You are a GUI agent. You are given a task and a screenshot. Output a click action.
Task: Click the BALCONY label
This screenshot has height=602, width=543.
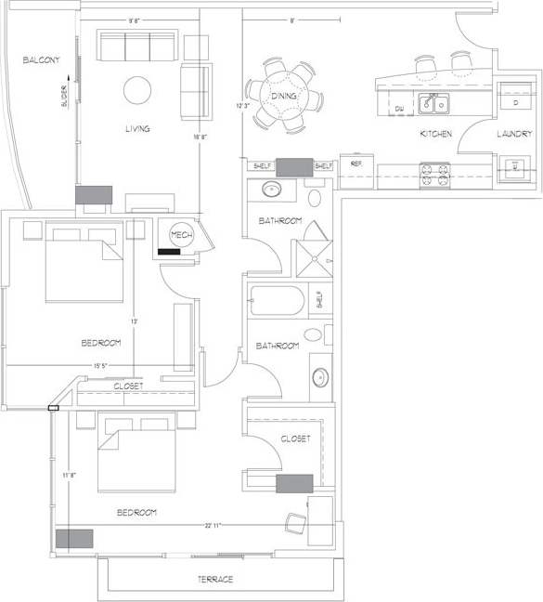tap(42, 60)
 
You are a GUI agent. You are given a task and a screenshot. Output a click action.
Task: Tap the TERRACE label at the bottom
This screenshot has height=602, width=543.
tap(214, 580)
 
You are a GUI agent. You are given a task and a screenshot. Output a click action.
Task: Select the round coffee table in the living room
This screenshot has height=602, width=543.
tap(137, 90)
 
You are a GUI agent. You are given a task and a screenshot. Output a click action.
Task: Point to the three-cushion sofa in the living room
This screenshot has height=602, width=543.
tap(137, 46)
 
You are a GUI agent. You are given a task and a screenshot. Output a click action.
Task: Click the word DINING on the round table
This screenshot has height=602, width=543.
tap(283, 97)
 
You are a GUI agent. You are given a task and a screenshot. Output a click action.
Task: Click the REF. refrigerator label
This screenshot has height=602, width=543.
tap(356, 164)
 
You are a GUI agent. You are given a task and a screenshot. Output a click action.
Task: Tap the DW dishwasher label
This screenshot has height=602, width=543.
tap(399, 110)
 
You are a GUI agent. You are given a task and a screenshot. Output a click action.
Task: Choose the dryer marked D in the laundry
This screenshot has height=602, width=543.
tap(515, 103)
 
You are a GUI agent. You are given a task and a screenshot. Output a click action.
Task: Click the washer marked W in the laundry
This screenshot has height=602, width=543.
tap(515, 168)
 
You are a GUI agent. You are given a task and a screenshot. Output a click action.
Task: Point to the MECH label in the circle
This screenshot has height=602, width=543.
tap(181, 235)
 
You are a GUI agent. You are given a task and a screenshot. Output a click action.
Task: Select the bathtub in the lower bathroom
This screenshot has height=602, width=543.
tap(277, 301)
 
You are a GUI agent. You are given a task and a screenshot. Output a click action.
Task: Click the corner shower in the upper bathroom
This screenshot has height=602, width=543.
tap(313, 251)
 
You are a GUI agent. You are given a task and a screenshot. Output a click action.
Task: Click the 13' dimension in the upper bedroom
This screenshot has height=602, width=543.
tap(135, 321)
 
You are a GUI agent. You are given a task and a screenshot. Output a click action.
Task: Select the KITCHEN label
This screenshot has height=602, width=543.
tap(436, 135)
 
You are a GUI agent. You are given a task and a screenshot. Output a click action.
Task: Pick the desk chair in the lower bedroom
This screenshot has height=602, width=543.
tap(297, 526)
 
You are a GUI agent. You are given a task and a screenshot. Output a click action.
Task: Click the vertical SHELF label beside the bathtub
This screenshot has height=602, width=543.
tap(319, 299)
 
